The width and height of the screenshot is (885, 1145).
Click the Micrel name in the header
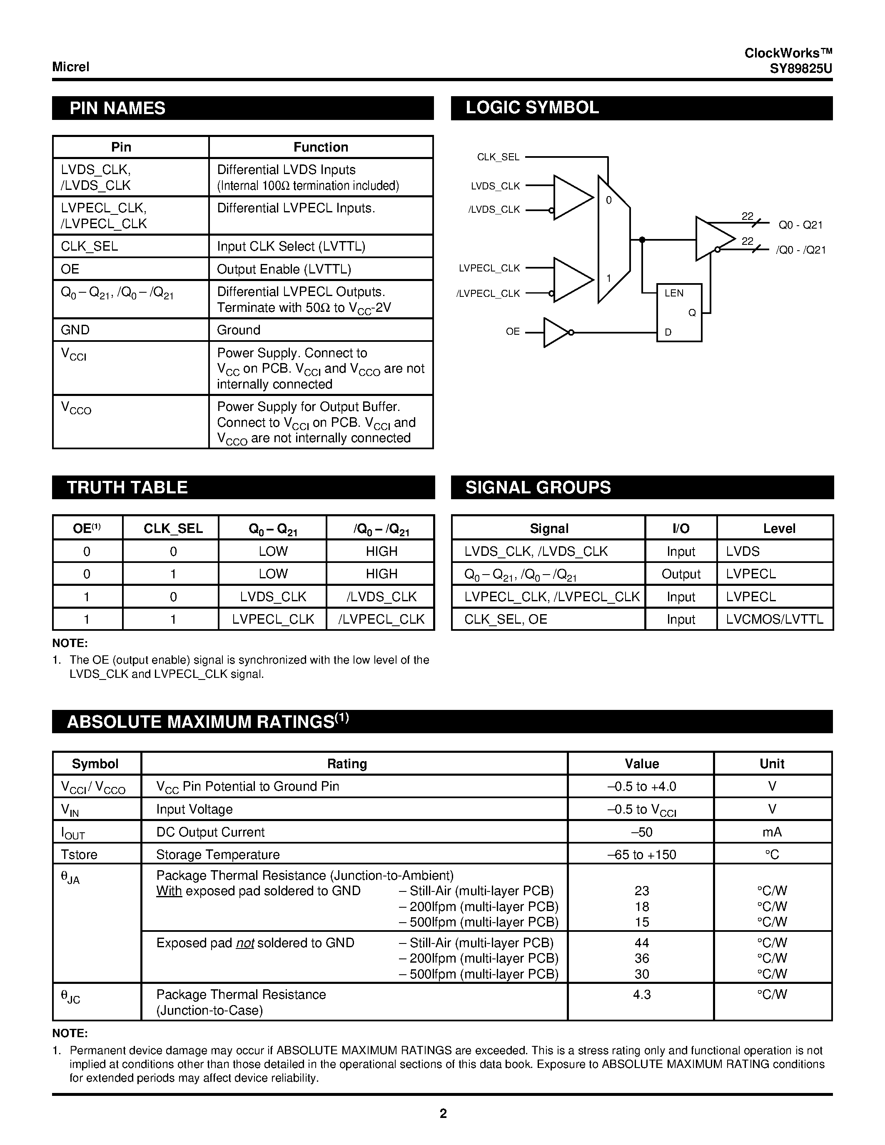[71, 67]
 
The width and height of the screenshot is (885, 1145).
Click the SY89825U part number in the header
[800, 69]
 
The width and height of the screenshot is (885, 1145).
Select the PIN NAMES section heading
[117, 108]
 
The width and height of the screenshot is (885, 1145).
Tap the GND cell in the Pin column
[75, 330]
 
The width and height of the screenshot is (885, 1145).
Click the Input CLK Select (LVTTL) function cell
[291, 246]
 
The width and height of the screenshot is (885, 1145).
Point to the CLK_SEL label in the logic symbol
[498, 157]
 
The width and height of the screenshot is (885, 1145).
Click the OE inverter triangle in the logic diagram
[555, 332]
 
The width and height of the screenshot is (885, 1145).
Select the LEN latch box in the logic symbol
[679, 312]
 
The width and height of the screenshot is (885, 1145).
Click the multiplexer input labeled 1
[609, 279]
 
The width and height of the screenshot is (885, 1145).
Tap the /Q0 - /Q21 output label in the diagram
[800, 250]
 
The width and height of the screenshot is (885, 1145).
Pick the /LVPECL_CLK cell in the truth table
[381, 619]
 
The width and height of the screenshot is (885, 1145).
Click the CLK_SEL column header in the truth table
[173, 528]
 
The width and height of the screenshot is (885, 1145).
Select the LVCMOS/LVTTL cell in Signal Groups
[774, 619]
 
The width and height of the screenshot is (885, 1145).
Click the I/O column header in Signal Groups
[681, 528]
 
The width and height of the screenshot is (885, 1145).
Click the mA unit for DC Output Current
[772, 832]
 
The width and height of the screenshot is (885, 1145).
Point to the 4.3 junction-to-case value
[641, 995]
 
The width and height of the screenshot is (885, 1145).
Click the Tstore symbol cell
[79, 854]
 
